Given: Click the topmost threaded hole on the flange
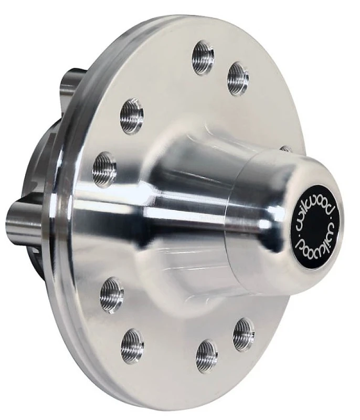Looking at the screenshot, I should [x=203, y=57].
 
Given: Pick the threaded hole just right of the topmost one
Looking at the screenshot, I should [x=238, y=78].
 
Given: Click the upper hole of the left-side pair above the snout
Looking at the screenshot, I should [x=132, y=116].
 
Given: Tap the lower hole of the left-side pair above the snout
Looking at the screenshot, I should [x=104, y=169].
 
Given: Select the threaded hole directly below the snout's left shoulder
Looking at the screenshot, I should [x=112, y=295].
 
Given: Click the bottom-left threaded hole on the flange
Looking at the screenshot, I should [x=132, y=346].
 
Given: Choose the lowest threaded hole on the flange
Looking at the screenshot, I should [x=207, y=356].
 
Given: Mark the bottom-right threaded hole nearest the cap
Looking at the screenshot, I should [x=243, y=334].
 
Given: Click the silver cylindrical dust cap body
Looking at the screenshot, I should [x=252, y=220].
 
